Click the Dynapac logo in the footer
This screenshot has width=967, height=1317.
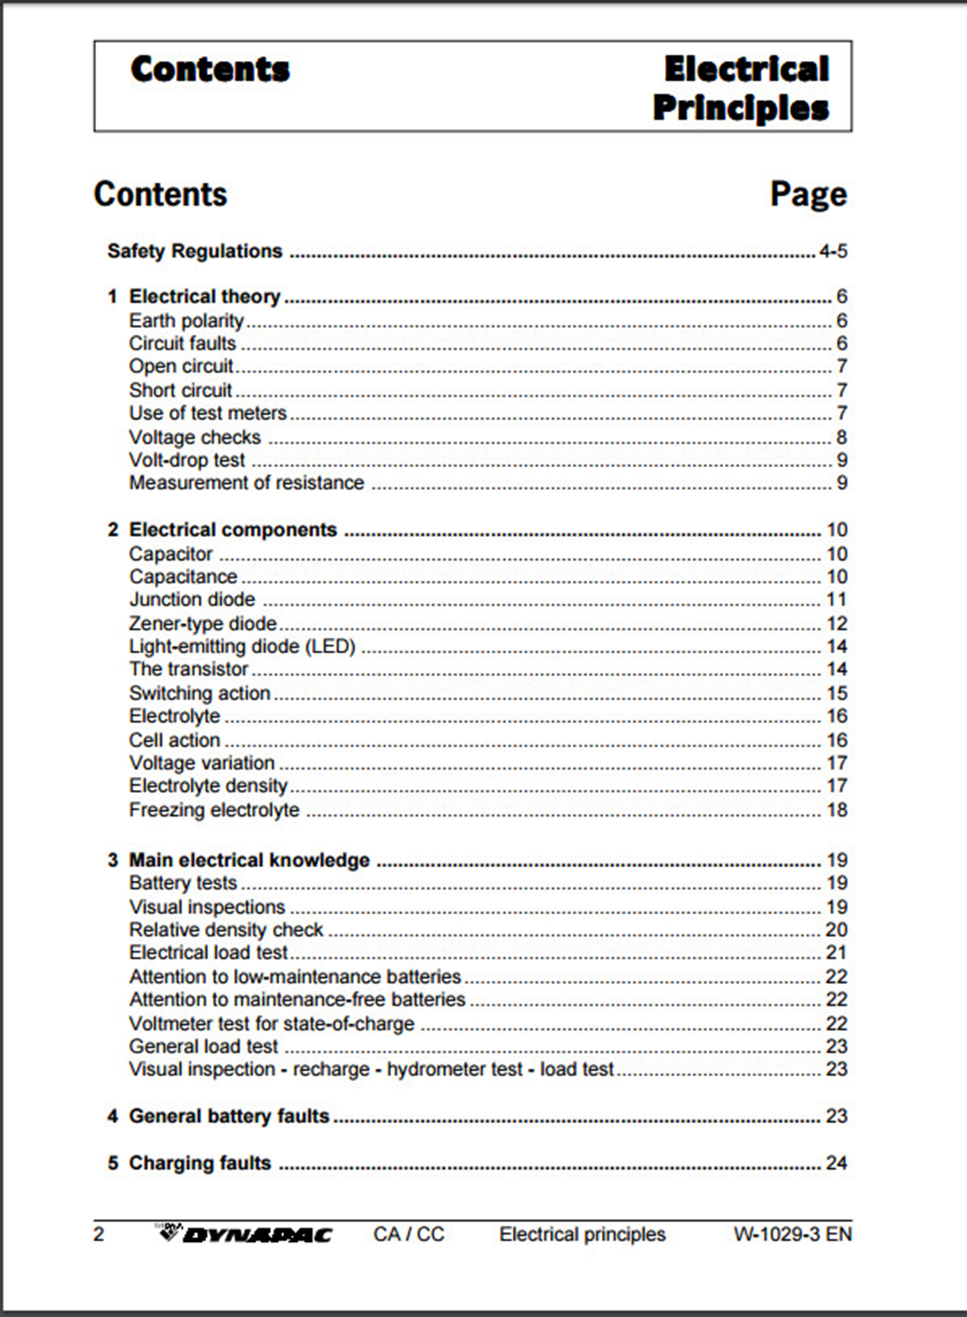click(x=246, y=1234)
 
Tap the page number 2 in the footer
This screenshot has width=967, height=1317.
click(x=99, y=1234)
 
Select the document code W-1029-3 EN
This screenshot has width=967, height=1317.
click(x=793, y=1234)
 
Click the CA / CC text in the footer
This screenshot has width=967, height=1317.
click(x=409, y=1234)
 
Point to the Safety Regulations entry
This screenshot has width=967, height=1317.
click(x=195, y=251)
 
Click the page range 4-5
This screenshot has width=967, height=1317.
click(x=833, y=251)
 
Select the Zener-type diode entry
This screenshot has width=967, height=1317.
click(x=202, y=623)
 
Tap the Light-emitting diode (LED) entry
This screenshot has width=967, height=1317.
click(x=242, y=646)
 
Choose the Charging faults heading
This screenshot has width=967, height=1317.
click(x=200, y=1163)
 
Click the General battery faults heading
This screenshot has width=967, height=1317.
click(x=229, y=1116)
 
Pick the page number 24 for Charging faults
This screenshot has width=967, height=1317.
click(x=836, y=1163)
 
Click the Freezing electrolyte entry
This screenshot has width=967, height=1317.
click(x=214, y=810)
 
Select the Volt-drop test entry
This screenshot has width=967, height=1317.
click(x=187, y=460)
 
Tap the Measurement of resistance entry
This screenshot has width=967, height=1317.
click(x=246, y=483)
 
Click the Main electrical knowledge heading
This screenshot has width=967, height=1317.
click(x=249, y=860)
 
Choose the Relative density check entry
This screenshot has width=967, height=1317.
click(x=226, y=929)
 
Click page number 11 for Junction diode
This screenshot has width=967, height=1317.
click(x=836, y=600)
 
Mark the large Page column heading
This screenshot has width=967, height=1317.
click(x=808, y=194)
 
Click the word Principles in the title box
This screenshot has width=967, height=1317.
click(x=741, y=108)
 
